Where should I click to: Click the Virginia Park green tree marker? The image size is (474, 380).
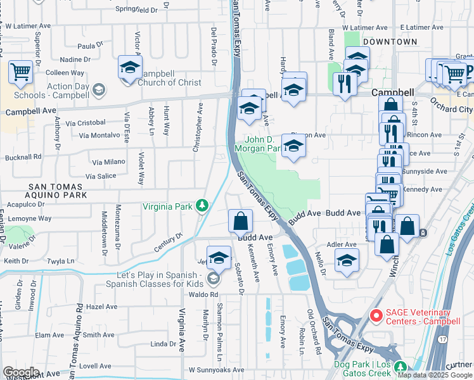[x=202, y=205]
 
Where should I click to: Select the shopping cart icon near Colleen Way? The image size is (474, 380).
[x=21, y=72]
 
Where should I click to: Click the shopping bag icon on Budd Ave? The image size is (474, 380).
[x=241, y=221]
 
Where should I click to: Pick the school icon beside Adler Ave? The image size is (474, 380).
[x=346, y=260]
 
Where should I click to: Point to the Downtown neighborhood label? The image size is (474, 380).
[x=390, y=42]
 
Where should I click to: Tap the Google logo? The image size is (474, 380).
[x=22, y=372]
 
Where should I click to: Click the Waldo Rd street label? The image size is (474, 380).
[x=203, y=294]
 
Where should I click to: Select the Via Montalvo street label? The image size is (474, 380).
[x=99, y=135]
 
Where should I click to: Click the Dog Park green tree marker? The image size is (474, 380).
[x=400, y=367]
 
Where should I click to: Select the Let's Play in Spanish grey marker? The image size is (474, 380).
[x=214, y=278]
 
